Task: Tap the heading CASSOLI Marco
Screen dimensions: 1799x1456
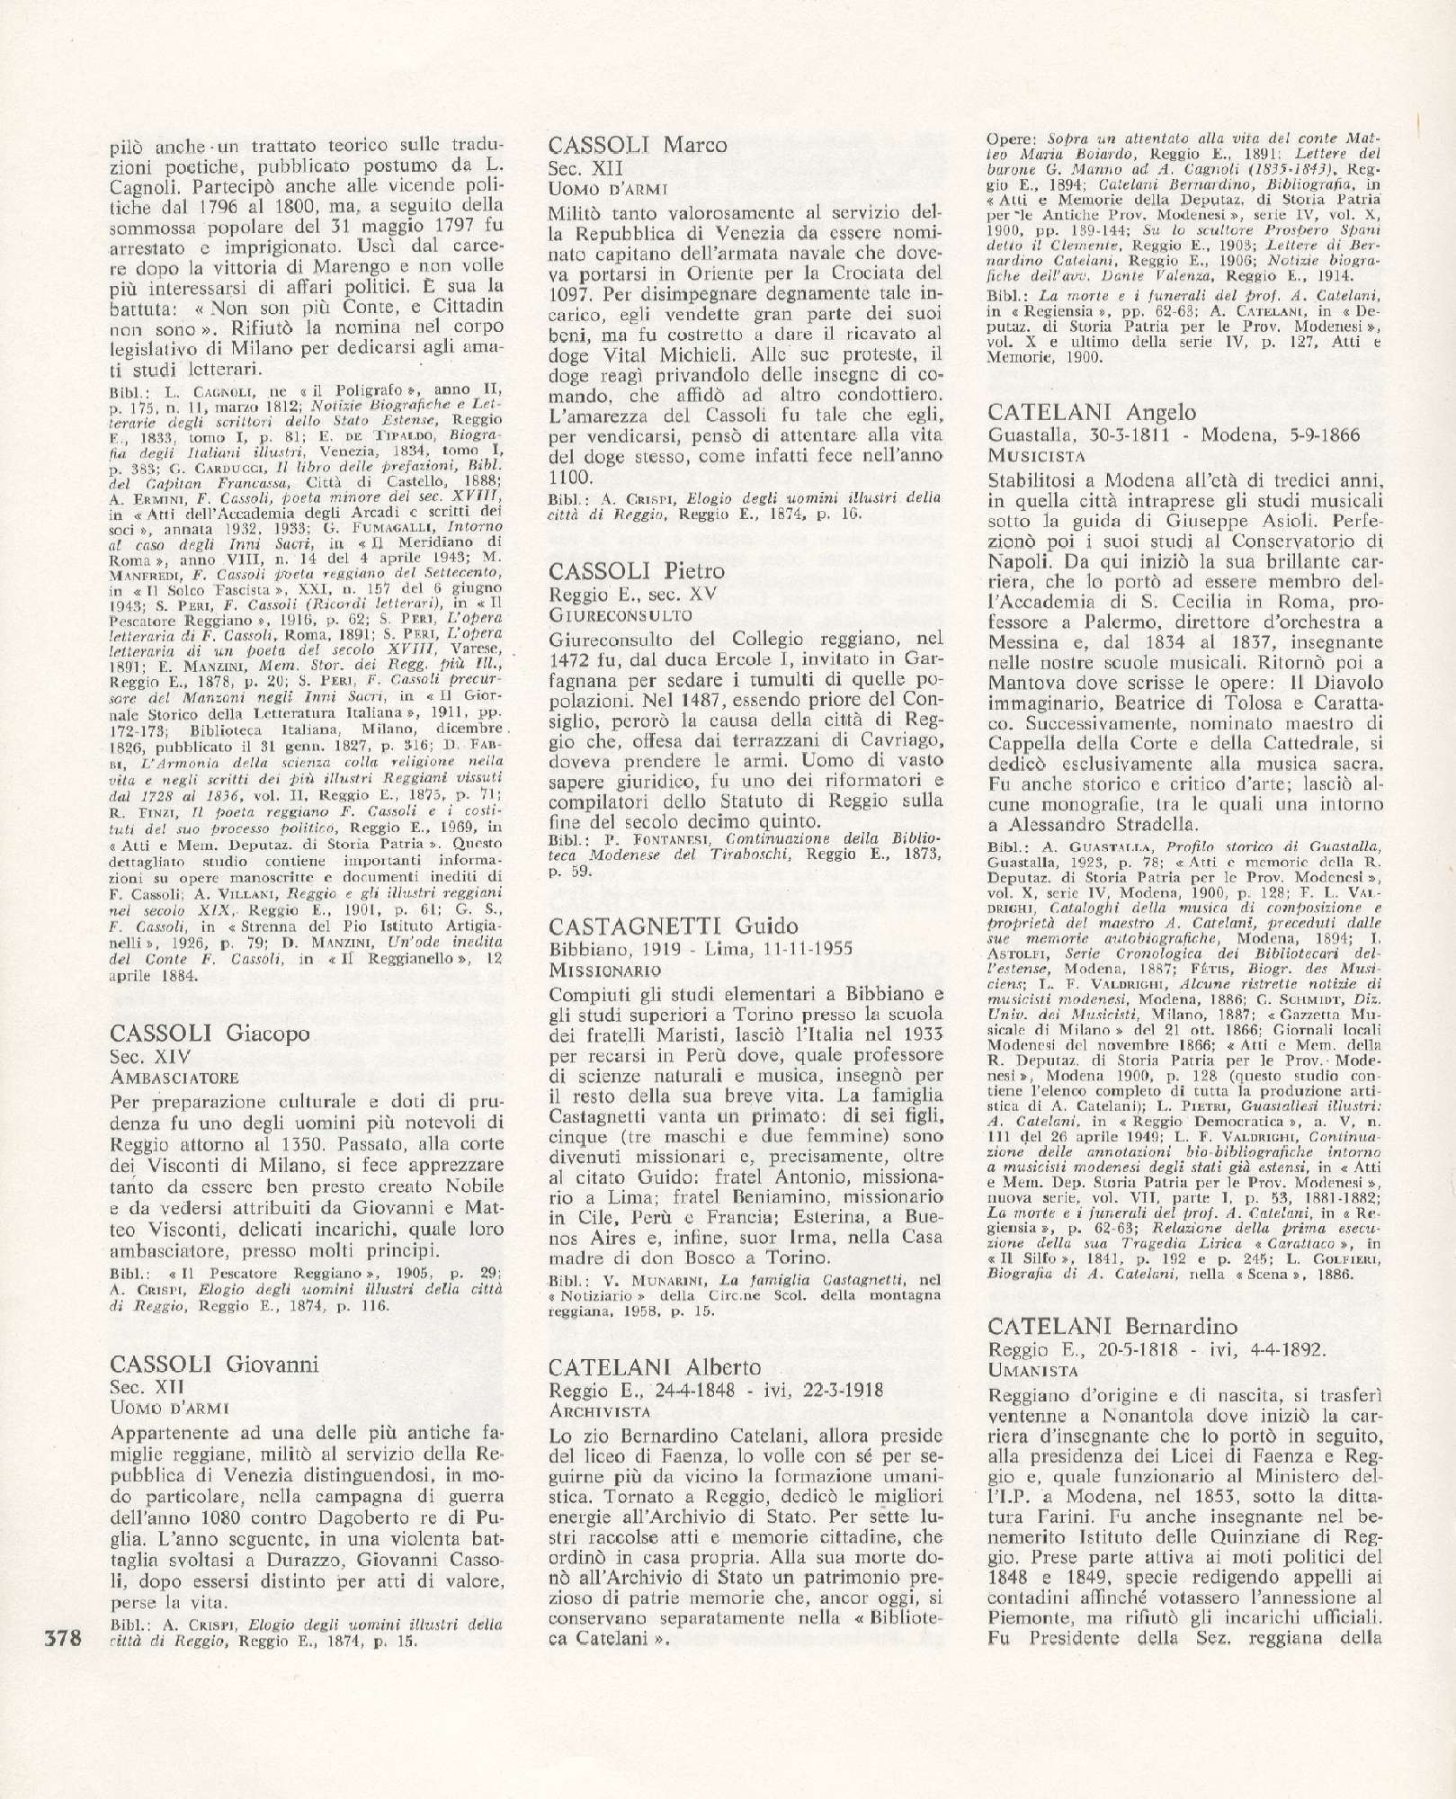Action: click(638, 145)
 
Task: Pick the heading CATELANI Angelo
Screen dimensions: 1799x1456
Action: click(1092, 412)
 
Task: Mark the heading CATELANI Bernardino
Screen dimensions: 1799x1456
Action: click(1112, 1327)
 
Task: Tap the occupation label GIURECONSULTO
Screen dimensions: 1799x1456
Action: click(620, 615)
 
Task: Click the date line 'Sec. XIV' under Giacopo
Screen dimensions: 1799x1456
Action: click(147, 1057)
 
